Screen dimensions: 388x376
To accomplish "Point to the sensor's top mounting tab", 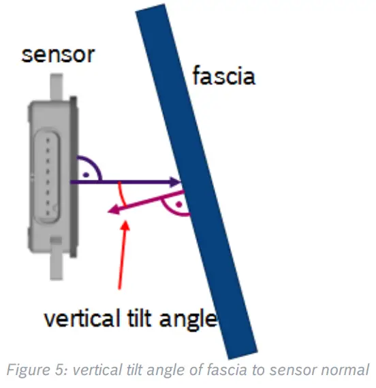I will [x=58, y=88].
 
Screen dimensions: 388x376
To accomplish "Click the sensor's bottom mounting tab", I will [x=58, y=267].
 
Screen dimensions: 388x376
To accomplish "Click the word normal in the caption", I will [x=347, y=372].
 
